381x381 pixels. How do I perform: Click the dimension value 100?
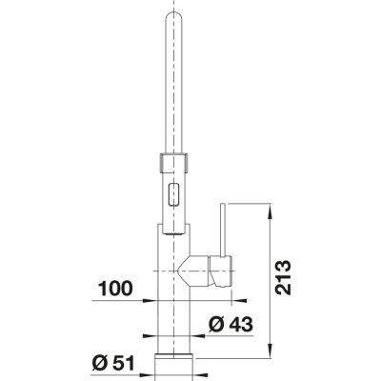[x=115, y=289]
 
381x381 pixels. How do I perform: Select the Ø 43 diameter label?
[x=231, y=324]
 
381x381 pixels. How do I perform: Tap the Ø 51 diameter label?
[x=113, y=363]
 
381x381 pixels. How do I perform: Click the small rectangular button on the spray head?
[x=173, y=195]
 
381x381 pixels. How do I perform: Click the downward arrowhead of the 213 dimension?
[x=271, y=351]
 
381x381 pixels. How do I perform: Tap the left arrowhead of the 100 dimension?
[x=150, y=300]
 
